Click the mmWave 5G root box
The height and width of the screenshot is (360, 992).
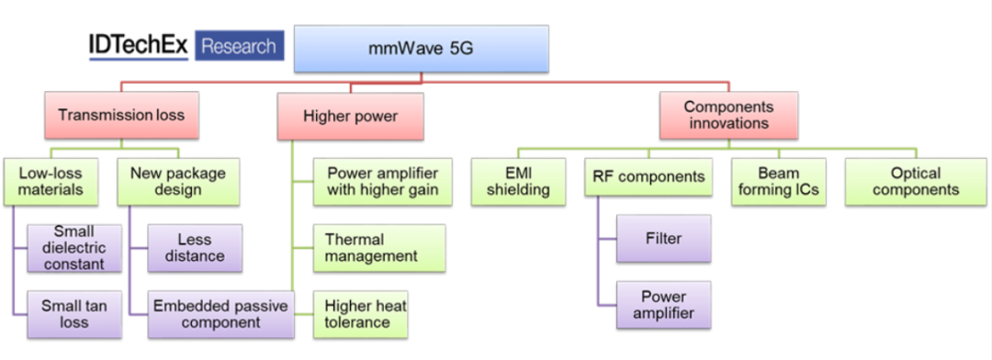(x=422, y=49)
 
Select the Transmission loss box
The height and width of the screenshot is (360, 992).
(x=120, y=116)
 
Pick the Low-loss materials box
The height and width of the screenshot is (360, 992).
(x=53, y=181)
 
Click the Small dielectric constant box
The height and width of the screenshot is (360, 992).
(x=73, y=248)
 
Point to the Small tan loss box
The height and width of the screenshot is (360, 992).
(x=73, y=314)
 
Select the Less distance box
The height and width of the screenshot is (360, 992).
(x=194, y=248)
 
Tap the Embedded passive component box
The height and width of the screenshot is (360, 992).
(x=220, y=314)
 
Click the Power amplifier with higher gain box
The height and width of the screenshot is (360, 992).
(x=378, y=181)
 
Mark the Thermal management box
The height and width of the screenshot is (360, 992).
(x=378, y=248)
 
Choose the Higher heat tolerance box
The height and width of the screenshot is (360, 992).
(x=359, y=314)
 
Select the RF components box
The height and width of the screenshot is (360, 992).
(x=648, y=177)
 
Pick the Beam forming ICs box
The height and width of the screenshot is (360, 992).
(x=778, y=181)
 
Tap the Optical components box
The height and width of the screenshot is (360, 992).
(x=916, y=181)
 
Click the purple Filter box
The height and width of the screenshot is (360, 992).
(x=663, y=239)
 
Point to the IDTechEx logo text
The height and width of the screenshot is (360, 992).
(x=138, y=46)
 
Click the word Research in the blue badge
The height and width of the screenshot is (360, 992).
(x=239, y=46)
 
